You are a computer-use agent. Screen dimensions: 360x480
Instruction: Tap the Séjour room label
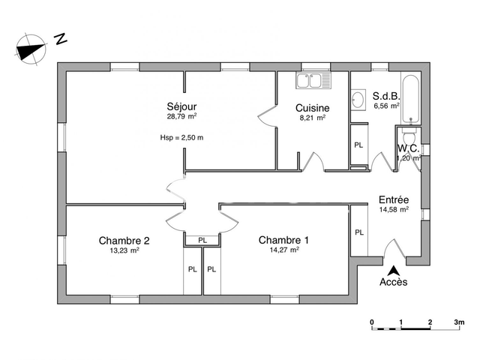[181, 106]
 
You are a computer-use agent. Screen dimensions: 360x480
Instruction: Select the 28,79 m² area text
[181, 117]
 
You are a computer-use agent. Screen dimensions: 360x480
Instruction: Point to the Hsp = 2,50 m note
[181, 138]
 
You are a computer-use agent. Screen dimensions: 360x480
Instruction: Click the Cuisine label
[311, 107]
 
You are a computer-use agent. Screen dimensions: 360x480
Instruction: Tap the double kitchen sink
[312, 79]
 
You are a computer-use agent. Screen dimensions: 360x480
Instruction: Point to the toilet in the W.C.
[409, 141]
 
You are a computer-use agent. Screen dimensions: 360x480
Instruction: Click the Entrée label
[394, 199]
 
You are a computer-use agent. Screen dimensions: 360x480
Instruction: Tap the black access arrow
[392, 270]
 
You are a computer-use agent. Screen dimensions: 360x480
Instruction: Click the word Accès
[393, 283]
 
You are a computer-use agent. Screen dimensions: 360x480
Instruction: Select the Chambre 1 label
[283, 240]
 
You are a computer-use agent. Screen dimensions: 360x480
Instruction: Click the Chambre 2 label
[124, 240]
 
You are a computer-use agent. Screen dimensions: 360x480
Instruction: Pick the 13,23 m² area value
[124, 250]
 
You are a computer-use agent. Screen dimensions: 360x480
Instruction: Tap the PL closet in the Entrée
[358, 232]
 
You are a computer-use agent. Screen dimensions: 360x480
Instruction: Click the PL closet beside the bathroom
[358, 145]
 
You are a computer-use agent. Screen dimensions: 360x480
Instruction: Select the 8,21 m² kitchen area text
[311, 118]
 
